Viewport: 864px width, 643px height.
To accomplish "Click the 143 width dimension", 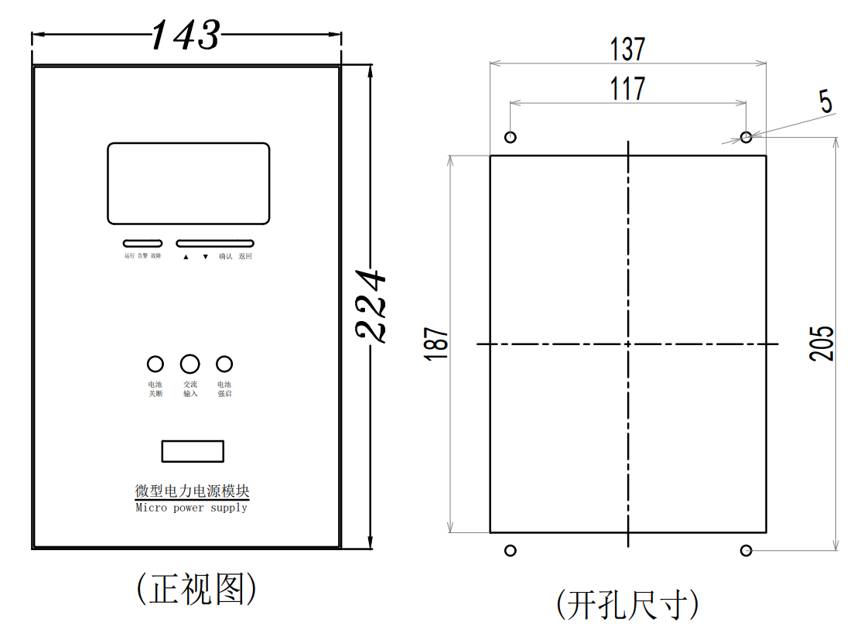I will [186, 36].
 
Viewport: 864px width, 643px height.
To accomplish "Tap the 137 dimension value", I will [627, 50].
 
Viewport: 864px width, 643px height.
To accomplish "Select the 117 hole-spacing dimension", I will [627, 88].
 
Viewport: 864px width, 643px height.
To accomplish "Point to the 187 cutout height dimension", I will [436, 343].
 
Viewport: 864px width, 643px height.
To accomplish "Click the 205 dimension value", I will [822, 343].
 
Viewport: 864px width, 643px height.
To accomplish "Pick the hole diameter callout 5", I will [826, 101].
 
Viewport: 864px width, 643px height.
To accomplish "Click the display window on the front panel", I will [188, 183].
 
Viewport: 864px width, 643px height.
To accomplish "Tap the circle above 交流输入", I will [190, 364].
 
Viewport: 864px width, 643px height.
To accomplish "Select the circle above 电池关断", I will [155, 364].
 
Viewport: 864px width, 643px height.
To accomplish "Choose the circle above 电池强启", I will [224, 364].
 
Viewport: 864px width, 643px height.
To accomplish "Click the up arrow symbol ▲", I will [186, 257].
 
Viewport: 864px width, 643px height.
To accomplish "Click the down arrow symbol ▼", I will [205, 257].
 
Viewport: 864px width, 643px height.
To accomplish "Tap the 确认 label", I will [225, 256].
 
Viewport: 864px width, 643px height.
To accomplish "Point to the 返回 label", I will [245, 256].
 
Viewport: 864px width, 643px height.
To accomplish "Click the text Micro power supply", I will [191, 508].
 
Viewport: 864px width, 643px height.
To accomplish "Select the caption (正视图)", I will [196, 590].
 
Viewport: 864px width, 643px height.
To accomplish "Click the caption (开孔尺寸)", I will [627, 604].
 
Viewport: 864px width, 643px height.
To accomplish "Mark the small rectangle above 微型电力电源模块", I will [193, 451].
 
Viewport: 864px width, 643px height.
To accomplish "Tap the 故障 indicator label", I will [155, 256].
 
